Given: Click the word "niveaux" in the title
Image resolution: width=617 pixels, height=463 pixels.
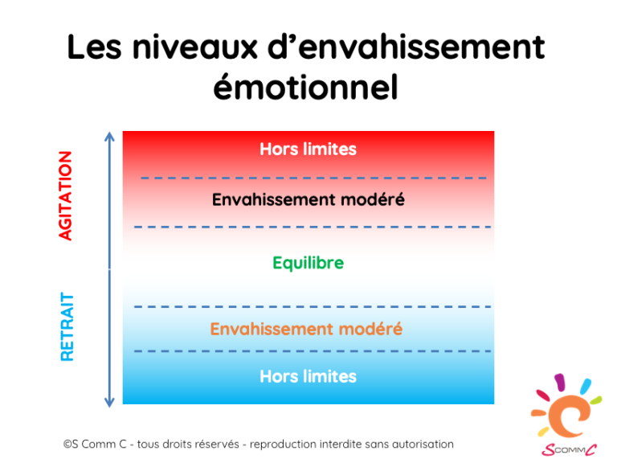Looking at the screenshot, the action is (x=194, y=47).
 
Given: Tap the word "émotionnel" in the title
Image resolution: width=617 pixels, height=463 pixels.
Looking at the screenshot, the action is (x=306, y=87).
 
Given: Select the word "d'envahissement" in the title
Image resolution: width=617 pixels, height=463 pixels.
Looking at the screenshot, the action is (x=406, y=47).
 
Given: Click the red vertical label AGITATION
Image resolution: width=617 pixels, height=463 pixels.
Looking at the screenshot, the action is (x=65, y=195).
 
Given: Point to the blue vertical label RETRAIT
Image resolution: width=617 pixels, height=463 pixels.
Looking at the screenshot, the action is (x=67, y=327).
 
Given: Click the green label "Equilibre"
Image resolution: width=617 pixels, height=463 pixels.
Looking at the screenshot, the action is (x=308, y=263).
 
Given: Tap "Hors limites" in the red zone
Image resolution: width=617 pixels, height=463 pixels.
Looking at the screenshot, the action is (x=308, y=150).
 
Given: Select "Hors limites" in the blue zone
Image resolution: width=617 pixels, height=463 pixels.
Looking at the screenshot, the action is (x=308, y=376).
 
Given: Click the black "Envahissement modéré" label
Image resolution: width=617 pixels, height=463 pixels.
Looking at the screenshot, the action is (x=308, y=199).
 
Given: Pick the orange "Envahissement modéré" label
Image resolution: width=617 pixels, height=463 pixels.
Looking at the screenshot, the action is (x=306, y=329).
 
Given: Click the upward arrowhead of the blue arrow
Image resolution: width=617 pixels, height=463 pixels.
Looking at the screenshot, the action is (x=109, y=136).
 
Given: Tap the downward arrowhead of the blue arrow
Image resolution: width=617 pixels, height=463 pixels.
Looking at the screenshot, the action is (x=109, y=403).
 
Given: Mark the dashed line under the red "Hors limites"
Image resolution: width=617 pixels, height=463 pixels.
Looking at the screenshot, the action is (x=313, y=178).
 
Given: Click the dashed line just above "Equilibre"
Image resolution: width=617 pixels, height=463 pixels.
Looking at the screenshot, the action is (x=313, y=227).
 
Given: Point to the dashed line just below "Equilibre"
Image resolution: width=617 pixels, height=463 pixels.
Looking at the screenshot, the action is (x=313, y=306).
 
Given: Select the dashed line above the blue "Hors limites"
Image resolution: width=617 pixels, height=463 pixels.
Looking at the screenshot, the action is (x=313, y=350).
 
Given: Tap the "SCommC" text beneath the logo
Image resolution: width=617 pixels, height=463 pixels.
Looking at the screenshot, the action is (x=569, y=449).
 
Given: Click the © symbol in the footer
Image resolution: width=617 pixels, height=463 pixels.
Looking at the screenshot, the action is (x=67, y=445).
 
